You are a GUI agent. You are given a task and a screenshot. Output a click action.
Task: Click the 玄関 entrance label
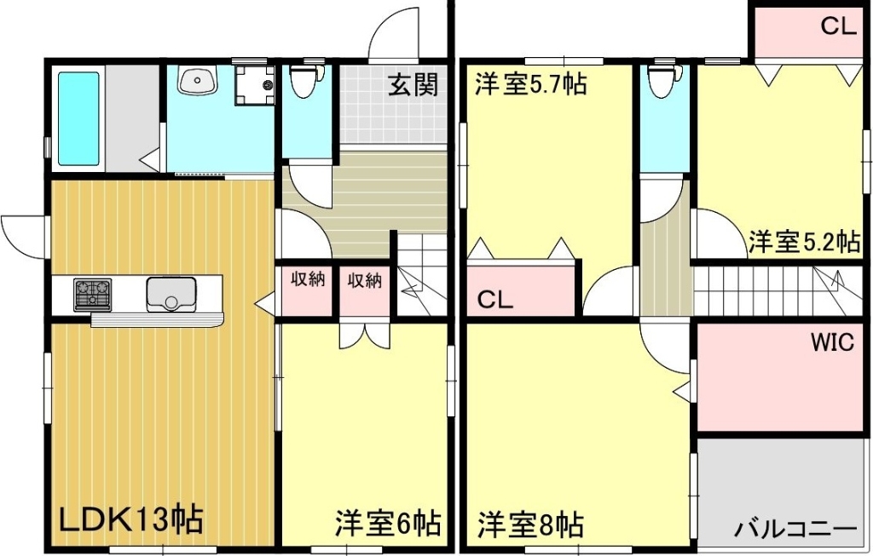(413, 85)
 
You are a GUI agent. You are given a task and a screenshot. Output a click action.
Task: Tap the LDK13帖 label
(130, 519)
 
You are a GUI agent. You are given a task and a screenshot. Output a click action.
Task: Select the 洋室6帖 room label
(388, 521)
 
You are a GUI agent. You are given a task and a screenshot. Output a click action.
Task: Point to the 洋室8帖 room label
(530, 521)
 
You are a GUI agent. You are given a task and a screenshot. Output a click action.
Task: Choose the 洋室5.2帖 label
(804, 242)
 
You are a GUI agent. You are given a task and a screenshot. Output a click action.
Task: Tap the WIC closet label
(832, 343)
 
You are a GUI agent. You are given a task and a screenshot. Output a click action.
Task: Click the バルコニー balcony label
(795, 529)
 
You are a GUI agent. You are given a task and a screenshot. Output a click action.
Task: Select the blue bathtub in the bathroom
(78, 119)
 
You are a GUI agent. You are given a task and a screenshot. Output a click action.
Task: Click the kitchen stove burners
(93, 294)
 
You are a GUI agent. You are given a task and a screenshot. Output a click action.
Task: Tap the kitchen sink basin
(171, 295)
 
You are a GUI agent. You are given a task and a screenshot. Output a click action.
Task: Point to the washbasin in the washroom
(199, 82)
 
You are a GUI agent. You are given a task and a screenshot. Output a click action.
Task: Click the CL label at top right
(837, 26)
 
